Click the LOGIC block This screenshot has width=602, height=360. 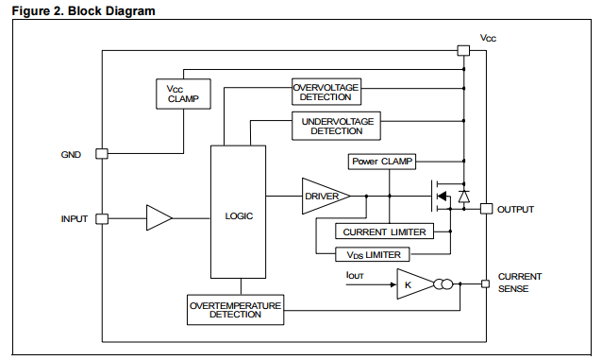pyautogui.click(x=239, y=214)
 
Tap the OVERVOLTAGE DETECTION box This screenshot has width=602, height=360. pyautogui.click(x=326, y=92)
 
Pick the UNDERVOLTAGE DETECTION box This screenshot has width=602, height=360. pyautogui.click(x=337, y=126)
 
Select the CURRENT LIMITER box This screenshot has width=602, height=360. pyautogui.click(x=384, y=231)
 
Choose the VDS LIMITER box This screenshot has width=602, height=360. pyautogui.click(x=373, y=254)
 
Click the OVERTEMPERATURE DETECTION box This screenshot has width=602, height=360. pyautogui.click(x=236, y=309)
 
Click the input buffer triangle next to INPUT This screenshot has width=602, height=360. pyautogui.click(x=158, y=218)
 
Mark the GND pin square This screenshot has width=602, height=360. pyautogui.click(x=102, y=153)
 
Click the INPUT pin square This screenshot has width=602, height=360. pyautogui.click(x=102, y=218)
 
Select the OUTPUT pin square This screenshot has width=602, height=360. pyautogui.click(x=486, y=208)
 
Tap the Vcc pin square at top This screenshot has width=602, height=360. pyautogui.click(x=462, y=49)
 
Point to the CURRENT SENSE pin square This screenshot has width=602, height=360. pyautogui.click(x=486, y=283)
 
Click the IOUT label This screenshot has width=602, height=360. pyautogui.click(x=356, y=275)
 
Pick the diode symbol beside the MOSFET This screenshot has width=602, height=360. pyautogui.click(x=463, y=196)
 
